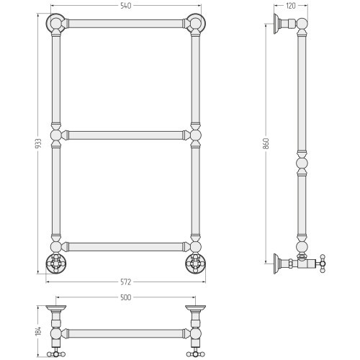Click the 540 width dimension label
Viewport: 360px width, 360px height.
(x=126, y=6)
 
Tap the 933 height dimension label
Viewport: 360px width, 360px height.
(x=39, y=143)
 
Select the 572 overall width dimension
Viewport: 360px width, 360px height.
(x=125, y=282)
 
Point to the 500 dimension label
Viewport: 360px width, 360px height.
(x=125, y=297)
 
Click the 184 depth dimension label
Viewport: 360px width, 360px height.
(x=39, y=330)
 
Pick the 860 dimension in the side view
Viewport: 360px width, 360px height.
(x=266, y=143)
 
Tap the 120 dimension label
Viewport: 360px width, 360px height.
(x=291, y=6)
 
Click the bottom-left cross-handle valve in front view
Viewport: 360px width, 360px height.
(x=55, y=264)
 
